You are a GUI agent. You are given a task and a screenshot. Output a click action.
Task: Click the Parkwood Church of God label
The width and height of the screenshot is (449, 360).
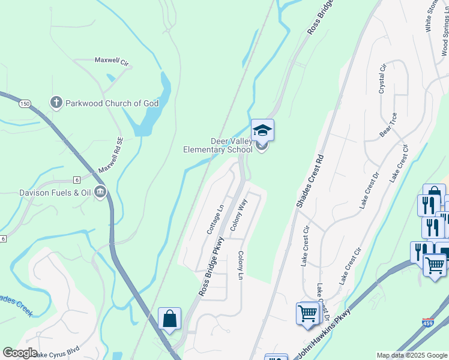[x=112, y=103]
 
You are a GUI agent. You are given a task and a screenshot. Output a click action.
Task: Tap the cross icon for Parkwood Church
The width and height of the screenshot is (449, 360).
[x=56, y=103]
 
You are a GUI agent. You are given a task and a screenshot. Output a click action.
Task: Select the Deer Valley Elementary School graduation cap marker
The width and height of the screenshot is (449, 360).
[x=262, y=130]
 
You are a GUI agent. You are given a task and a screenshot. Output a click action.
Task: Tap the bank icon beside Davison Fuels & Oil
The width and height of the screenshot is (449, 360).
[x=100, y=192]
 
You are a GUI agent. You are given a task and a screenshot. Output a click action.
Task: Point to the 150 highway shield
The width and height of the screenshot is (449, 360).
[x=25, y=104]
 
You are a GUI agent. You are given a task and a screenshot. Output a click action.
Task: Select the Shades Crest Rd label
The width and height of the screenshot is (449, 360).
[x=311, y=181]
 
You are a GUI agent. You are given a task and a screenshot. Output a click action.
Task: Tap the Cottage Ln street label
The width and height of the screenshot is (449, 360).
[x=215, y=219]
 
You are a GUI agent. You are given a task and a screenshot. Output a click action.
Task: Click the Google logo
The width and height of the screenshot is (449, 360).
[x=20, y=353]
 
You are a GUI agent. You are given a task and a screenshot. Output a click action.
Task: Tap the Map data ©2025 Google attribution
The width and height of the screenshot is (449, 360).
[x=411, y=355]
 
